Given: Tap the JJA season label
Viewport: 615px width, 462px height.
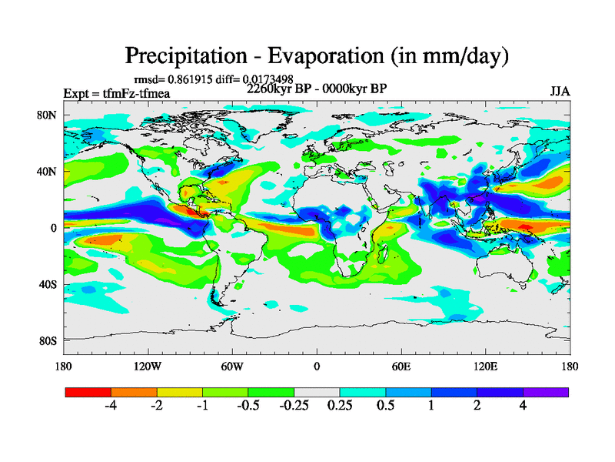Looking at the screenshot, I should click(x=560, y=91).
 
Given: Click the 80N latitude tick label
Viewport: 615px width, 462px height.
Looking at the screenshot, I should click(x=48, y=115).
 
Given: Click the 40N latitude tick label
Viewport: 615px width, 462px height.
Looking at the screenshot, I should click(x=48, y=172).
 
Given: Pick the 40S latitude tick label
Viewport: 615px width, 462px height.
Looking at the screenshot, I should click(x=48, y=284).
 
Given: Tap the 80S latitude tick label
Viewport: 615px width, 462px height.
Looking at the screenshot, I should click(x=48, y=340).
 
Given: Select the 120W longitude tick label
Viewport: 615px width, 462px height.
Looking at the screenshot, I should click(x=147, y=366).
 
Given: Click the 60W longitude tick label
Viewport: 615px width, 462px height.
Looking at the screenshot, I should click(x=231, y=366).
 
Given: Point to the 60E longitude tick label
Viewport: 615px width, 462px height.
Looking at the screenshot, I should click(x=401, y=366).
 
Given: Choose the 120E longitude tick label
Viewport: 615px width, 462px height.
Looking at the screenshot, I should click(x=485, y=366).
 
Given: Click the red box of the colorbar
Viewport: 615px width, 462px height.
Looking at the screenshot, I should click(x=88, y=392).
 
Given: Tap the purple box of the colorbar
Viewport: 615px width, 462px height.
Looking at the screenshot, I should click(x=546, y=392).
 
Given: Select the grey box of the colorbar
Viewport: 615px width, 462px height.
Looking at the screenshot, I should click(x=317, y=392).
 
